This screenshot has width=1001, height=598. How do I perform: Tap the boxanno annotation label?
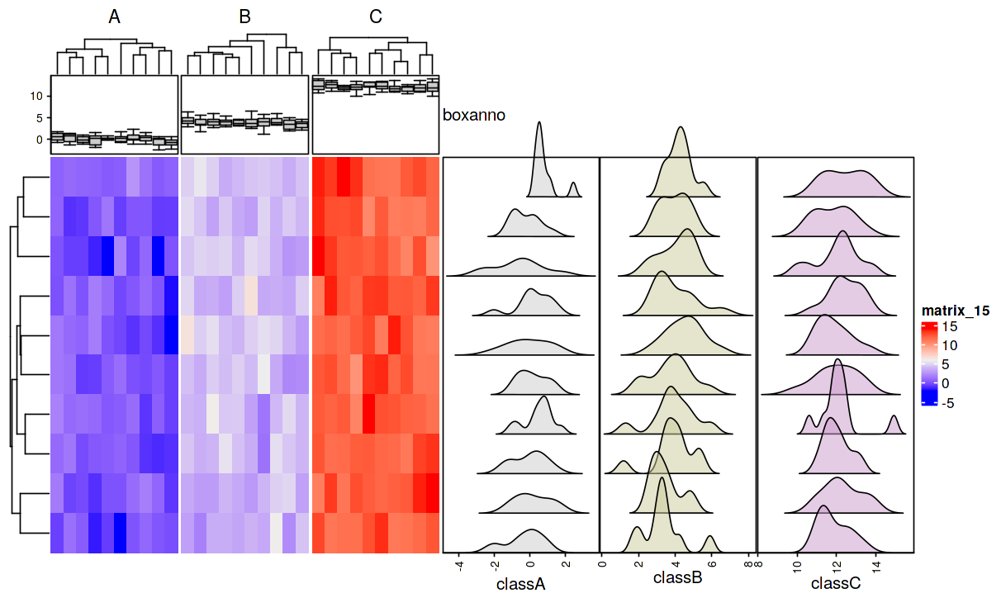pyautogui.click(x=474, y=116)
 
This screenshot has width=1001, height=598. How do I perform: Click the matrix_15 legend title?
pyautogui.click(x=956, y=311)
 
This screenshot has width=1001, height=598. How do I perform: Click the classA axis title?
pyautogui.click(x=521, y=584)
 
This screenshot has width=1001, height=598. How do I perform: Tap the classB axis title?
pyautogui.click(x=678, y=578)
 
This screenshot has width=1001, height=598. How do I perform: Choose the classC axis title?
pyautogui.click(x=835, y=584)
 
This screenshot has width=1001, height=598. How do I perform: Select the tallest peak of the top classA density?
pyautogui.click(x=539, y=124)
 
